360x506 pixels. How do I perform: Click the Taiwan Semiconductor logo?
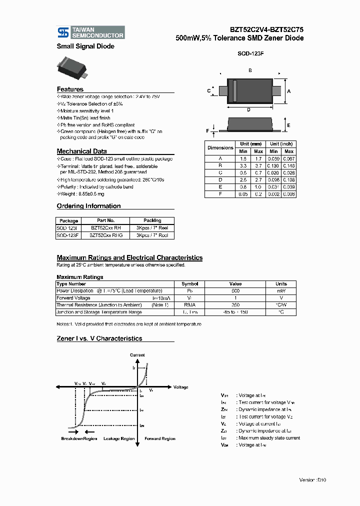click(90, 32)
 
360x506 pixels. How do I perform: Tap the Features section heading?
click(70, 89)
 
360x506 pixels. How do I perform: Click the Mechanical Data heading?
click(81, 151)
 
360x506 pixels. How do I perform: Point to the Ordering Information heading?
click(88, 206)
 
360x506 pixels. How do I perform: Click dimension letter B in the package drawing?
click(250, 70)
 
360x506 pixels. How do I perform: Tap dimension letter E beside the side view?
click(288, 125)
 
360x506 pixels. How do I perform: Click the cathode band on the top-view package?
click(234, 91)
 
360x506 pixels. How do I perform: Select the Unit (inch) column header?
click(281, 144)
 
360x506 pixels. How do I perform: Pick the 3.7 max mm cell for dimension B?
click(258, 165)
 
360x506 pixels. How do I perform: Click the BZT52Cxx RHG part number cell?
click(105, 234)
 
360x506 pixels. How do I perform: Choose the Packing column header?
click(152, 220)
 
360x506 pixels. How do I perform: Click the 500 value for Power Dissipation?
click(235, 291)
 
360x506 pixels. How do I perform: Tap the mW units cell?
click(281, 291)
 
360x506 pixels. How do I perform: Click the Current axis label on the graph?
click(137, 355)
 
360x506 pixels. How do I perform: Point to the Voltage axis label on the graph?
click(180, 387)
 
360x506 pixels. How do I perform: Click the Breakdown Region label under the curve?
click(79, 438)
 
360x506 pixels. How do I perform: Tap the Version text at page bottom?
click(312, 479)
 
